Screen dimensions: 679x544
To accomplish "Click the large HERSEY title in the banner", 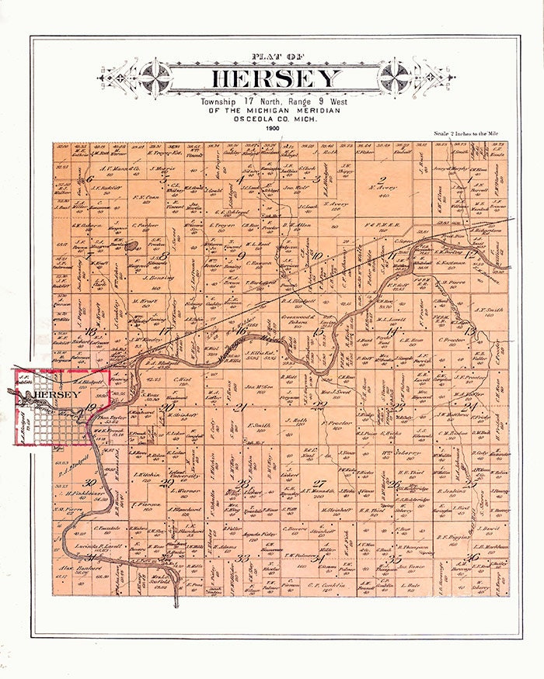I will (x=276, y=78).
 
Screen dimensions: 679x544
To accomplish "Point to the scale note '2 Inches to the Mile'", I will (x=469, y=134).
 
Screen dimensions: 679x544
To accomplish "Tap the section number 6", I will (x=91, y=180).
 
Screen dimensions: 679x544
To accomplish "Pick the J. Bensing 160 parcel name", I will (x=159, y=275).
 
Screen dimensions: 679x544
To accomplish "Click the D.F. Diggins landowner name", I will (x=451, y=536).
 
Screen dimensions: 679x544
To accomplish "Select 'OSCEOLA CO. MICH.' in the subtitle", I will (x=272, y=118).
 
